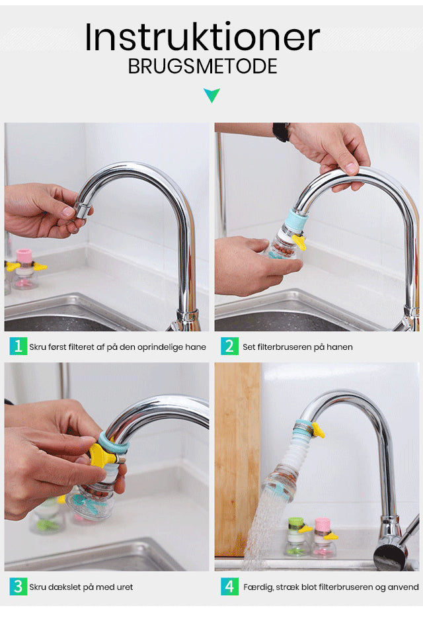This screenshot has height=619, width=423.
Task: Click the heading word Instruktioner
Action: tap(202, 37)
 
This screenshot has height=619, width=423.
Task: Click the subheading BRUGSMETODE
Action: tap(202, 66)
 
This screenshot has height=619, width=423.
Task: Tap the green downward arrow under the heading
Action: tap(211, 95)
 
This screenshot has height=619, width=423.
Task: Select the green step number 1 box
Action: tap(18, 347)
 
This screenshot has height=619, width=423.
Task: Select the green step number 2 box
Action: tap(229, 347)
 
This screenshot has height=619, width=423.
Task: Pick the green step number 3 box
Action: tap(18, 586)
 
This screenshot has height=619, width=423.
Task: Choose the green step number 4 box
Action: tap(229, 586)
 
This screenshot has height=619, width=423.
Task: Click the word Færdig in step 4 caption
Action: tap(258, 587)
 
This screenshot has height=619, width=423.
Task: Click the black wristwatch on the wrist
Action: tap(280, 132)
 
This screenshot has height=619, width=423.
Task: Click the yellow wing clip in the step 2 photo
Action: tap(299, 241)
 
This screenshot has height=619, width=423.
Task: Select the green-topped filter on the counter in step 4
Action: tap(297, 537)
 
